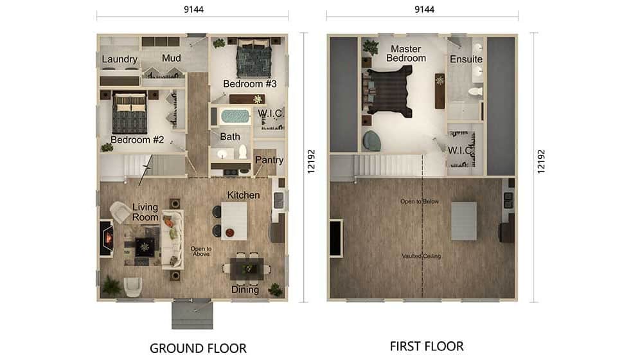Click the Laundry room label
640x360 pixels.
pos(119,60)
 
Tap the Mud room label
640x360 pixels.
pos(172,58)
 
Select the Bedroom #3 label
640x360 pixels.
pos(250,84)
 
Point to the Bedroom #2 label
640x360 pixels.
pos(137,139)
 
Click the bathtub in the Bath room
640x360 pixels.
pos(235,117)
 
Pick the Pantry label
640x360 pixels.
pos(269,160)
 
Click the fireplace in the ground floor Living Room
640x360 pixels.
pos(107,239)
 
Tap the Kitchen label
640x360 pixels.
pos(244,195)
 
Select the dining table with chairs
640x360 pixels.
pos(247,269)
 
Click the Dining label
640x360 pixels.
pos(245,290)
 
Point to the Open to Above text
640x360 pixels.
pos(201,251)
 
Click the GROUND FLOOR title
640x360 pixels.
pos(198,348)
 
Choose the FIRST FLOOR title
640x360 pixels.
pos(427,346)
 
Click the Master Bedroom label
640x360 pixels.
pos(405,53)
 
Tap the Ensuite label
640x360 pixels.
pos(466,59)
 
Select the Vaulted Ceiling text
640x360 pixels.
pos(422,256)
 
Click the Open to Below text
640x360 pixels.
pos(419,201)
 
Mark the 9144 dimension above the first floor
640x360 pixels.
pos(425,10)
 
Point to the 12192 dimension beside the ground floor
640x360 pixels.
pos(311,161)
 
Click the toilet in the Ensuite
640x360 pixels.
pos(476,91)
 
